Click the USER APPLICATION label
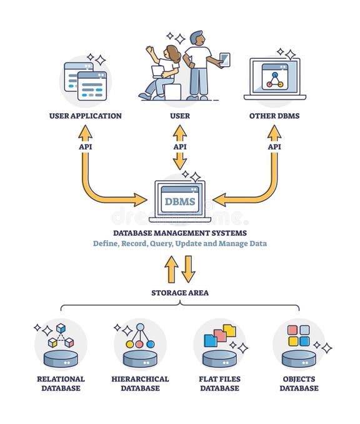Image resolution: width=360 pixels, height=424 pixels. tap(85, 116)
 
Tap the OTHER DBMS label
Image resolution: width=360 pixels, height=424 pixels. tap(274, 116)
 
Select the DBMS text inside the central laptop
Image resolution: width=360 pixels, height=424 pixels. tap(179, 201)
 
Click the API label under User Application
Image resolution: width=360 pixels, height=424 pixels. tap(85, 146)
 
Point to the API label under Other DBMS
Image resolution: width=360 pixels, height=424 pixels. tap(274, 146)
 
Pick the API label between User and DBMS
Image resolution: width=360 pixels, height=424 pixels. tap(180, 146)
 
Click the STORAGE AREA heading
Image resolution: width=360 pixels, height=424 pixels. tap(180, 292)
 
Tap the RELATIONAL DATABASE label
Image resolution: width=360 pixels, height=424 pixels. tap(61, 383)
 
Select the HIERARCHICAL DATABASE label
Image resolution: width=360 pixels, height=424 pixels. tap(140, 383)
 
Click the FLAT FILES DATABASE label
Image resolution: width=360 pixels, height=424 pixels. tap(219, 383)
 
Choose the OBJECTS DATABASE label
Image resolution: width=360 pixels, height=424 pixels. tap(299, 383)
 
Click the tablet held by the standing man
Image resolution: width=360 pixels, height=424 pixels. tap(225, 59)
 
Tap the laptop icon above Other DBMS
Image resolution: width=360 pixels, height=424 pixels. tap(274, 78)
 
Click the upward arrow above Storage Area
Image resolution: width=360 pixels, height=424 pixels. tap(171, 269)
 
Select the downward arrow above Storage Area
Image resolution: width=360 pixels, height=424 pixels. tap(188, 269)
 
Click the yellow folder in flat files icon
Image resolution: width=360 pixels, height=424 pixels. tap(229, 330)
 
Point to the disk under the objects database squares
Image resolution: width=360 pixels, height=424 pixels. tap(299, 358)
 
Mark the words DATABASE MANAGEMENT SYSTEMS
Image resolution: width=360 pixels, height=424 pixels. tap(180, 233)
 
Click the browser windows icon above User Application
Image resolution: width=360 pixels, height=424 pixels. tap(86, 81)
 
